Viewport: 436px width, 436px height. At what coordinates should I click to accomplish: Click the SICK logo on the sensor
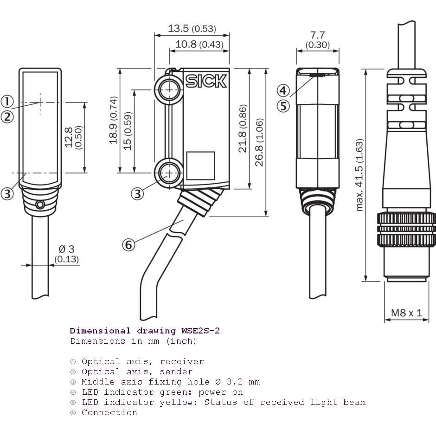[x=206, y=82]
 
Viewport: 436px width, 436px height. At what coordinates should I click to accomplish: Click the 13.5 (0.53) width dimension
[x=192, y=29]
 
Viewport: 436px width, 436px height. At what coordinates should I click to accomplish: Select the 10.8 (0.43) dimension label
[x=199, y=45]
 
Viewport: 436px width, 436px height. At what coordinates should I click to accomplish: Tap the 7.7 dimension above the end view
[x=317, y=35]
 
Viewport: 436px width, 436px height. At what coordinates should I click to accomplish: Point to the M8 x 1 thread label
[x=407, y=313]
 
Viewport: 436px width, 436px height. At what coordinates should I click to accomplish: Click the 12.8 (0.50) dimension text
[x=73, y=137]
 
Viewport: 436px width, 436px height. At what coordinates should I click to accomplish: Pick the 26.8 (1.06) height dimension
[x=259, y=142]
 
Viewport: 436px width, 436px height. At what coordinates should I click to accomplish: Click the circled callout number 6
[x=129, y=244]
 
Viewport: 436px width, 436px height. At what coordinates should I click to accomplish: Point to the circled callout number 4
[x=283, y=90]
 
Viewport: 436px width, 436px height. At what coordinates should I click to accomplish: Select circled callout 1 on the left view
[x=7, y=101]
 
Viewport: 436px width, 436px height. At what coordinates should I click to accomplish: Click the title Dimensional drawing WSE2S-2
[x=145, y=331]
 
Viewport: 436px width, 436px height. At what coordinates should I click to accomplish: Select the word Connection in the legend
[x=109, y=412]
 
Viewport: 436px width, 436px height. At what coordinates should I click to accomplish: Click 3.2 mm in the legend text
[x=243, y=382]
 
